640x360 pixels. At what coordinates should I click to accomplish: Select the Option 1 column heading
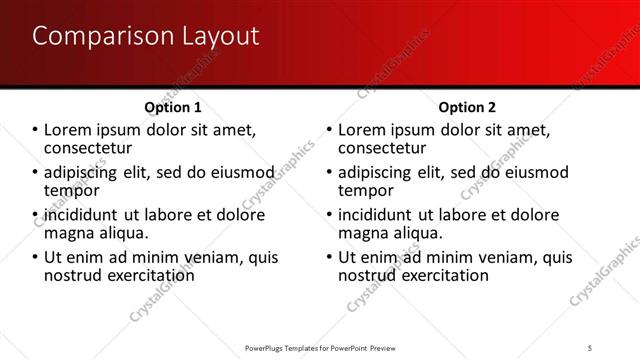[x=173, y=107]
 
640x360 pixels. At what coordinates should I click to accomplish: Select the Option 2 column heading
[x=466, y=107]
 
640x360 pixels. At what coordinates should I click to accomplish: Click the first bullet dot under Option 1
[x=36, y=130]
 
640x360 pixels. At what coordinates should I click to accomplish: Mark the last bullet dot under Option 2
[x=329, y=257]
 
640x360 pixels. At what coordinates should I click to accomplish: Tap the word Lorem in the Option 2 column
[x=363, y=130]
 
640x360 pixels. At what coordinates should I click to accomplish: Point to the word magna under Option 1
[x=73, y=233]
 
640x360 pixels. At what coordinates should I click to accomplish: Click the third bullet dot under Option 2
[x=329, y=215]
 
